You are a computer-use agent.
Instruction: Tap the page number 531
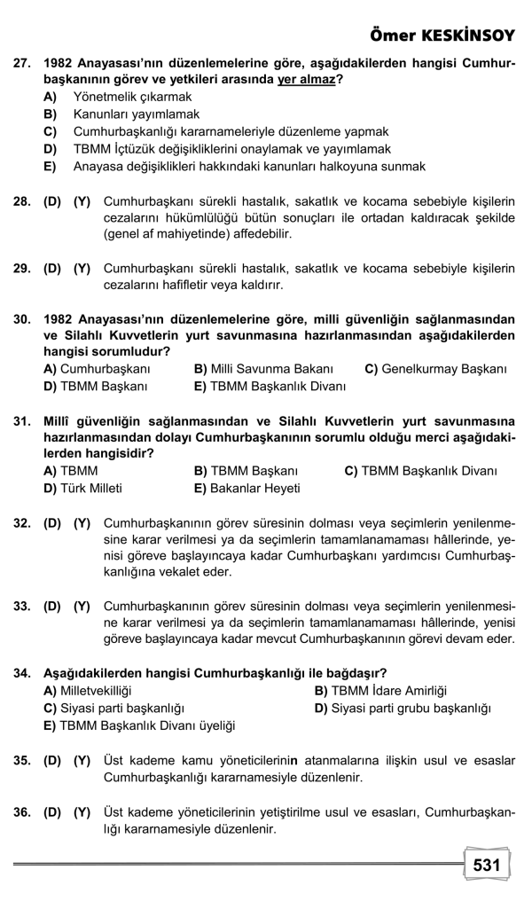point(487,866)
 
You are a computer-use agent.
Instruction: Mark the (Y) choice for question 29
point(82,268)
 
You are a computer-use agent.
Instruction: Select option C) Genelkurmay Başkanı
point(435,368)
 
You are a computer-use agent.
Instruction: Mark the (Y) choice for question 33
point(82,607)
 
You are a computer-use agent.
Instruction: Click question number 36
point(22,812)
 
